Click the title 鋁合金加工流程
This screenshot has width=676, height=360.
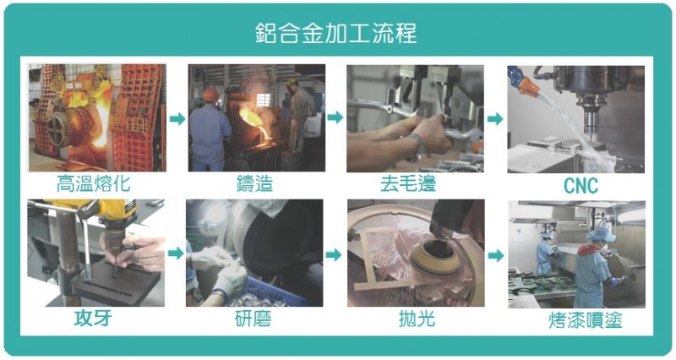(x=335, y=33)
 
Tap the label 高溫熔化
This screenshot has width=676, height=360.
(x=93, y=183)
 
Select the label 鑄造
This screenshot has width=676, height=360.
(x=255, y=183)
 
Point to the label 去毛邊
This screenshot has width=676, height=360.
(x=408, y=183)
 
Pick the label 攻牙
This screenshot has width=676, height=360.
(x=93, y=319)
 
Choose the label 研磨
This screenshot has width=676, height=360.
(x=253, y=319)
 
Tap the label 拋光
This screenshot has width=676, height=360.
(x=417, y=319)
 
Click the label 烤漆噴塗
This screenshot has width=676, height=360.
(x=586, y=320)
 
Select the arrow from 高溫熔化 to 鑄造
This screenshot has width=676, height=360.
(x=177, y=118)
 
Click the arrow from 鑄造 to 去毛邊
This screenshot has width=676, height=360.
(x=335, y=117)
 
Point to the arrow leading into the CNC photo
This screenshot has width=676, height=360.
(x=495, y=118)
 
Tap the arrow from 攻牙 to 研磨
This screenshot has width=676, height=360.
(x=176, y=253)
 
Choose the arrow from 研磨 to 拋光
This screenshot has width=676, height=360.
(x=334, y=254)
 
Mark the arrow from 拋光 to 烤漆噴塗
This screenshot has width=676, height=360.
(x=496, y=256)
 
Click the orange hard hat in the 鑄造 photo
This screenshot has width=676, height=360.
(x=210, y=95)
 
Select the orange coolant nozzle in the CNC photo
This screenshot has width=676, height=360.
(x=527, y=87)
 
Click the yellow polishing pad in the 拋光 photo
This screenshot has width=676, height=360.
(x=434, y=257)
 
